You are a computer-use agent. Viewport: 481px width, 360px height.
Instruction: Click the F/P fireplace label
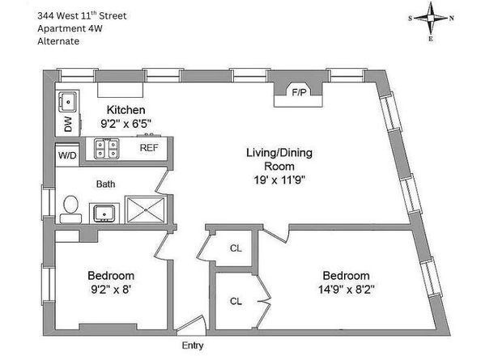coord(299,92)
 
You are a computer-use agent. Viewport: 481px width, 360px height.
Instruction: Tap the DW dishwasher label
coord(68,124)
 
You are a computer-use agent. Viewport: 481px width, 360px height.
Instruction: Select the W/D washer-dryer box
coord(67,155)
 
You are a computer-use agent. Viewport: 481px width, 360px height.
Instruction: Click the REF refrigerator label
coord(149,148)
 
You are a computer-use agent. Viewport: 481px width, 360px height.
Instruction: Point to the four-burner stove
coord(106,149)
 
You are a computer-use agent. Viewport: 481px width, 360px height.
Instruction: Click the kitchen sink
coord(67,102)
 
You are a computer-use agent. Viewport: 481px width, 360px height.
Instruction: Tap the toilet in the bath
coord(71,210)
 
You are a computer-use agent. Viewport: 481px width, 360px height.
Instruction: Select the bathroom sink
coord(104,213)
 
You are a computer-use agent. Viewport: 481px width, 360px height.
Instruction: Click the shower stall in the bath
coord(146,210)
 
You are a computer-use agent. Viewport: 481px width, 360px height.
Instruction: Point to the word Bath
coord(105,184)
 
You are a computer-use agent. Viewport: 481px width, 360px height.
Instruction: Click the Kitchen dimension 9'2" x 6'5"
coord(126,124)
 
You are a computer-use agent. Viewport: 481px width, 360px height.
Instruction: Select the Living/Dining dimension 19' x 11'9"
coord(279,180)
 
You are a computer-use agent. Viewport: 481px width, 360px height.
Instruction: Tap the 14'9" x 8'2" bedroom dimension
coord(346,290)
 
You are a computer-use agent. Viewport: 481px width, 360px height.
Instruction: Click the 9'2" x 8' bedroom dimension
coord(111,290)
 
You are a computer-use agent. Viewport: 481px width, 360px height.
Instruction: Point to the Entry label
coord(193,345)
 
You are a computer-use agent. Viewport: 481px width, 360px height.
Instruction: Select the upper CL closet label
coord(236,248)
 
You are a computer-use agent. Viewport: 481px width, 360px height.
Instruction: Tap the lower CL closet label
coord(236,302)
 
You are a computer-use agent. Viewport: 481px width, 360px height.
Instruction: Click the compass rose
coord(431,19)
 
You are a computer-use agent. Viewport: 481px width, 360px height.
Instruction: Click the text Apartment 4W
coord(70,28)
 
